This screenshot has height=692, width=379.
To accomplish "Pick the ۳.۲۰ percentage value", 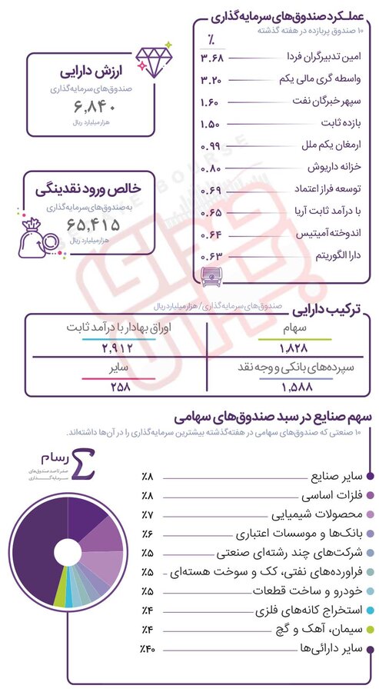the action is coord(211,80).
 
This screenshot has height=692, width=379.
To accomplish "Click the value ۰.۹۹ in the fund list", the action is coord(211,145).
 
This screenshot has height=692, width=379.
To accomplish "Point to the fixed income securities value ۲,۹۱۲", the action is coord(117,349).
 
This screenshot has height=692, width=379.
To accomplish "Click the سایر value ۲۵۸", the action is coord(117,387).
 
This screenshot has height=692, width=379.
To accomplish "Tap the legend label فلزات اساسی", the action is coord(333,496).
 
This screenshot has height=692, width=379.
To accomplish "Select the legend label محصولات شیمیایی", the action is coord(318,515).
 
